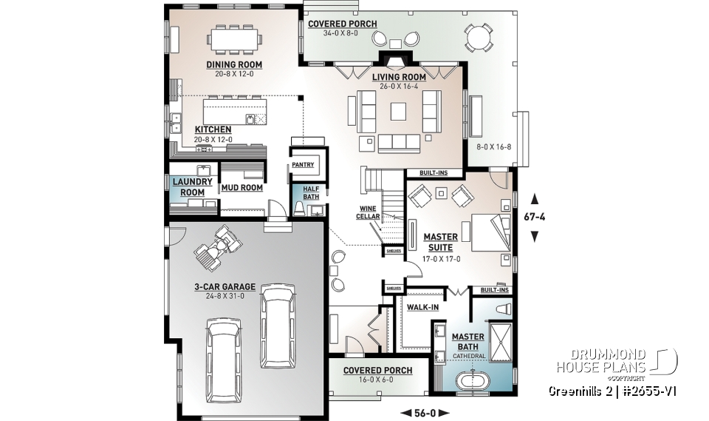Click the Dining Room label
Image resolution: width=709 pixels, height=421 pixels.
pos(233,64)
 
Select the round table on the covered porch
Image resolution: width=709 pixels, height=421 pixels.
pos(479,36)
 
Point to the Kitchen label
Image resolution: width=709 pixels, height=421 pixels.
pos(213,129)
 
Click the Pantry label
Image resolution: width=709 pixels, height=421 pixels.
pos(303,165)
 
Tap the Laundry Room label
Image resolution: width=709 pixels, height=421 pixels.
pos(192,186)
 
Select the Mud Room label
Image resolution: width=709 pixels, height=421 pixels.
pos(242,188)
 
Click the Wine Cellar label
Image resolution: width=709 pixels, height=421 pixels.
pos(369,212)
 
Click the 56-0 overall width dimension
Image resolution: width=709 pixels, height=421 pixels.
pos(418,412)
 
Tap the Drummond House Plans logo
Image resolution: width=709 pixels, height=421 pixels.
pos(616,361)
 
